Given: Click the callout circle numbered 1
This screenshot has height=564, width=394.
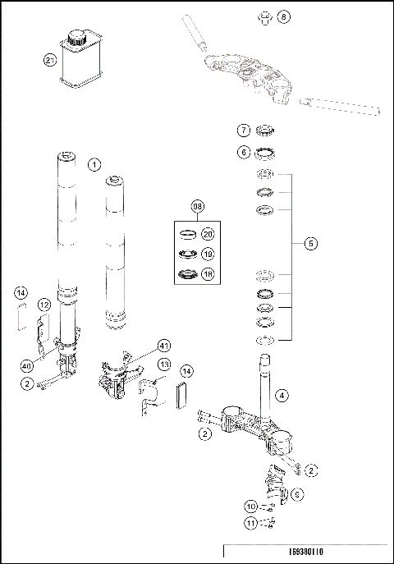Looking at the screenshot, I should pos(94,164).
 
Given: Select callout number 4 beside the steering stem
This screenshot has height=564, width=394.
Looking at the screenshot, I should pos(282,396).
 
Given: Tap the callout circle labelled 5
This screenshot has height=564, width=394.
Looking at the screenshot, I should pos(309,244).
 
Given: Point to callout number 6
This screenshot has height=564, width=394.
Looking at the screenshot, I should pos(244,152).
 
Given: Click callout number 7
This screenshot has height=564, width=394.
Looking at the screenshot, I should pos(244,131).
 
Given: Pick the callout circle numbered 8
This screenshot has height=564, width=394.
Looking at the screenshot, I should pos(283,16).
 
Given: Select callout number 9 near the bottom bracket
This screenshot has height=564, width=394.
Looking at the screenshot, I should pos(298,494).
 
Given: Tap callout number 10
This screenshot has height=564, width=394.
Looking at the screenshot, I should pos(253,506).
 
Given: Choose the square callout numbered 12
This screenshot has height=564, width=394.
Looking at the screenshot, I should pos(45,305).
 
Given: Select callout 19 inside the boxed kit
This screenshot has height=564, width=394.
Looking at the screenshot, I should pos(208,254).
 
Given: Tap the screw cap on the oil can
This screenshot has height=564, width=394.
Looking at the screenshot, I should pos(79,37).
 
